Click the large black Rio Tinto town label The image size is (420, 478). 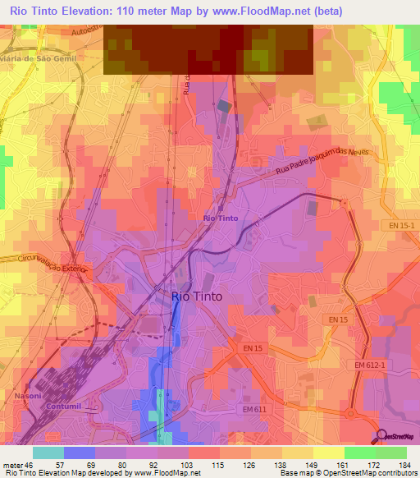click(x=196, y=296)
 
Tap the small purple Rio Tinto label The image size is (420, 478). click(x=220, y=218)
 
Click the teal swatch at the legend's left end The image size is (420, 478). click(x=48, y=453)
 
